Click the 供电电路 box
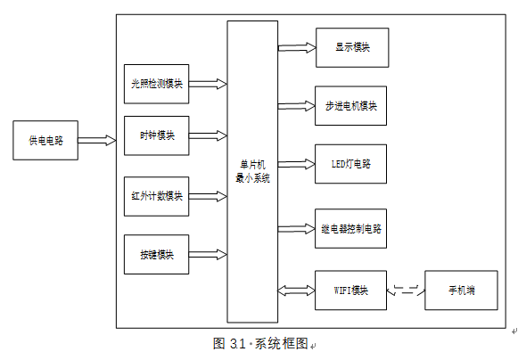45,141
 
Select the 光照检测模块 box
157,84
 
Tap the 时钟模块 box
157,135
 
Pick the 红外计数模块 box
157,196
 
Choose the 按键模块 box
157,254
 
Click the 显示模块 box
352,47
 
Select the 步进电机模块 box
351,106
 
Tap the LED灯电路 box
351,164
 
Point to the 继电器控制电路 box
351,228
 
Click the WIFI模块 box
351,290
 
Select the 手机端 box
461,290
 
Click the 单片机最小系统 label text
252,171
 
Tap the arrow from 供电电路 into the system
97,140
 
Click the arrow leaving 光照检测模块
208,84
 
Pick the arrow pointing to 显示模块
297,47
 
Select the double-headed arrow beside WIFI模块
296,290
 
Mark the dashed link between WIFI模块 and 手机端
406,290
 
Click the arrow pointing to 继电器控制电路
296,228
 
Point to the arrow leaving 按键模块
208,254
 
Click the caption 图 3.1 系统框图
261,343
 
